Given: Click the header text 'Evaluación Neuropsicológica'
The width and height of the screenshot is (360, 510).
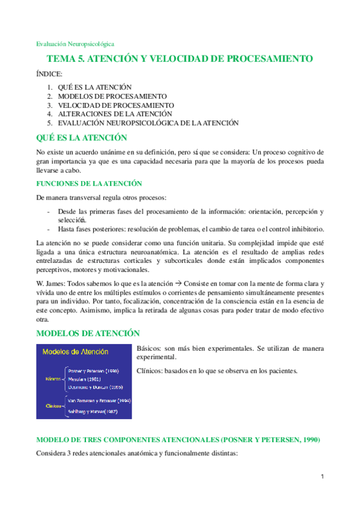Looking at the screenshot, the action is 75,44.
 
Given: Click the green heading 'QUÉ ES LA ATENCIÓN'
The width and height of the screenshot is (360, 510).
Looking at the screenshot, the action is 82,138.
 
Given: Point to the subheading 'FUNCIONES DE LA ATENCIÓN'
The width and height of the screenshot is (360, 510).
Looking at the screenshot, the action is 89,183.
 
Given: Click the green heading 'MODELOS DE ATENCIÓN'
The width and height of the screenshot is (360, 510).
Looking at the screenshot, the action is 88,333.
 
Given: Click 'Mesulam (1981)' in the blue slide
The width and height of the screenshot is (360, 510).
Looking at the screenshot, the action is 84,379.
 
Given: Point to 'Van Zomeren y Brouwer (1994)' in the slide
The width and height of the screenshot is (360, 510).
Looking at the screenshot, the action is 99,400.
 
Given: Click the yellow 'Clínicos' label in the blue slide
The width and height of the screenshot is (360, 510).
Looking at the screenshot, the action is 55,405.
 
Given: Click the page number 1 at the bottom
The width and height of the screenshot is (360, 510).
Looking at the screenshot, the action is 322,477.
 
